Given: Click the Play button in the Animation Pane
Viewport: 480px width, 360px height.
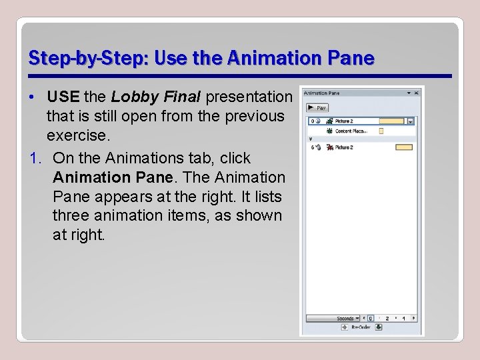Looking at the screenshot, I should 316,107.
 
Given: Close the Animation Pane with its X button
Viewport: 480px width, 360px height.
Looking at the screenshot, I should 417,93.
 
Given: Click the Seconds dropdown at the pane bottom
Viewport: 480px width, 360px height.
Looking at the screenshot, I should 348,319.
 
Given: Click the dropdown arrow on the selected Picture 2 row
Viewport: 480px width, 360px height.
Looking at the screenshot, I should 410,121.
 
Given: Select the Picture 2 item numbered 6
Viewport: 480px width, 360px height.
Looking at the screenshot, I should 344,147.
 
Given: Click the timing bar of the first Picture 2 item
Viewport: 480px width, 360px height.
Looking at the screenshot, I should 391,121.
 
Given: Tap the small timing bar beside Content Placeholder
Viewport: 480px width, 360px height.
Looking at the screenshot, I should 381,131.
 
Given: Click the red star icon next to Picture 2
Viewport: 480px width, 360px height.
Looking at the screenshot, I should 329,147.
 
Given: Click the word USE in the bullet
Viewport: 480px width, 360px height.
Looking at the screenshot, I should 63,97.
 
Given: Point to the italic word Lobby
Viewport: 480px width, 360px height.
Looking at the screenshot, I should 129,97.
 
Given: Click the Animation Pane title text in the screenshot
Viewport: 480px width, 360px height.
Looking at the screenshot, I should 321,93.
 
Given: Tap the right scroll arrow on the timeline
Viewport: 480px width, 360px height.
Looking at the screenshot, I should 414,319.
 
